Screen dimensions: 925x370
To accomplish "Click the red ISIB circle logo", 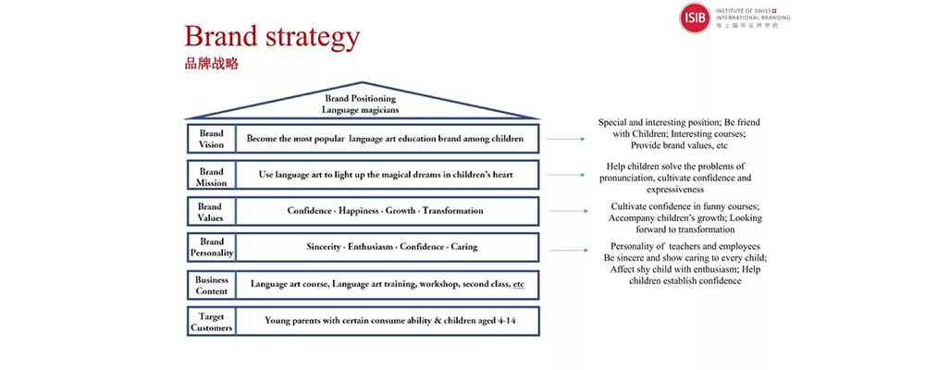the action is click(x=695, y=18).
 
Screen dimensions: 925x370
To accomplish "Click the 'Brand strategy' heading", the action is click(x=272, y=37).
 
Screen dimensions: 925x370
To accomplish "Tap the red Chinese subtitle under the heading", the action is click(x=211, y=65).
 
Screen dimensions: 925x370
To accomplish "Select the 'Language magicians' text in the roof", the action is click(x=360, y=110).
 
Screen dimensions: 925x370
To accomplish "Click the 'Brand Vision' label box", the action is click(x=211, y=139).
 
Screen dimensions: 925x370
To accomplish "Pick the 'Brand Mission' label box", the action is click(x=211, y=175).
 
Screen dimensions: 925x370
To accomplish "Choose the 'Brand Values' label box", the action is click(x=211, y=211).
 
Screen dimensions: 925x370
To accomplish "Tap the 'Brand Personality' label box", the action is click(x=211, y=247).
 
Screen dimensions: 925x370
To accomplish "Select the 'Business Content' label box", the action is click(x=211, y=284).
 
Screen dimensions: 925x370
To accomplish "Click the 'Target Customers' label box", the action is click(x=211, y=321).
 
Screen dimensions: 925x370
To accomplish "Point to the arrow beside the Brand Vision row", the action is click(x=565, y=140).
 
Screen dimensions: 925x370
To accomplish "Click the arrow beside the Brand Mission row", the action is click(x=565, y=175).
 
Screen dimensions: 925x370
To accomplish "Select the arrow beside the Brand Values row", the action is click(x=569, y=211).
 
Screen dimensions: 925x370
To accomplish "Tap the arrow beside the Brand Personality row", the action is click(x=569, y=250).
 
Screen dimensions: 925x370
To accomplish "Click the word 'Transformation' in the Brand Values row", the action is click(x=452, y=211).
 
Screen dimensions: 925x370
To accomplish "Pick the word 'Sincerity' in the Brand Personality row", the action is click(x=323, y=247).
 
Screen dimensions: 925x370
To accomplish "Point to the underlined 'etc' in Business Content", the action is click(x=519, y=284).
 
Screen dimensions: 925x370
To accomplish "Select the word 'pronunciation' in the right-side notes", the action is click(x=626, y=179).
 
